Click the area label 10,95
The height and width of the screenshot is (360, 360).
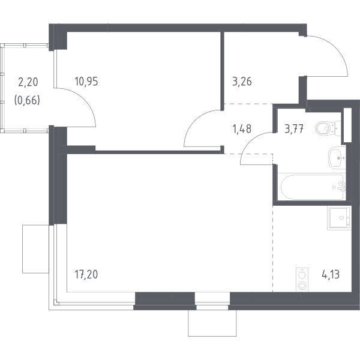[86, 82]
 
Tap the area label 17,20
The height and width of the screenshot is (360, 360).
[86, 274]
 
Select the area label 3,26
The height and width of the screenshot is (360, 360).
[242, 82]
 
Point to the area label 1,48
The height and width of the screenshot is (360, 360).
[242, 129]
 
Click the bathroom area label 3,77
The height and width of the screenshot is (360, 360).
[294, 129]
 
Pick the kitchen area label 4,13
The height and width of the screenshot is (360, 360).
[331, 274]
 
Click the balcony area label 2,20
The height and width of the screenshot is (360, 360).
[28, 82]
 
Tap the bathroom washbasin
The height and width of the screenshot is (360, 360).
[337, 158]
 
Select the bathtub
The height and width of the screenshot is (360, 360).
[312, 187]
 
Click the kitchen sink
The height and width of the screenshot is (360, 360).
[339, 218]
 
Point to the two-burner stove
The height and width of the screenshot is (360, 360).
[302, 280]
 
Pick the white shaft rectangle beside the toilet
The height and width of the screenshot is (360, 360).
[347, 125]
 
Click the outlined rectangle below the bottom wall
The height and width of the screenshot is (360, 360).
[212, 323]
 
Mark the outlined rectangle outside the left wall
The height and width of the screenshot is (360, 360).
[36, 249]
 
